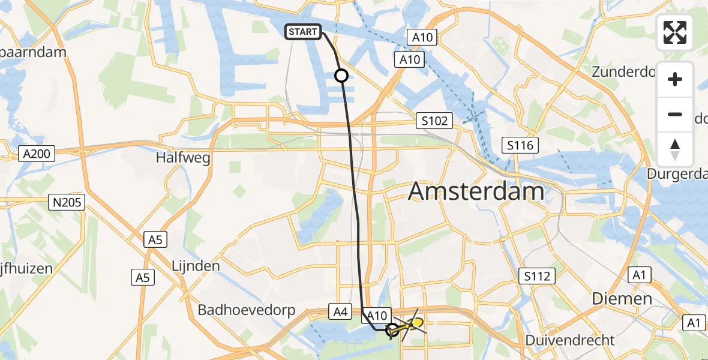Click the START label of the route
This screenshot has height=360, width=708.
pyautogui.click(x=303, y=32)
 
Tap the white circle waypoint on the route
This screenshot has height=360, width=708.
pyautogui.click(x=341, y=76)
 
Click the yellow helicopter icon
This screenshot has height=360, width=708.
pyautogui.click(x=411, y=326)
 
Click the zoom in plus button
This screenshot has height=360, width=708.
pyautogui.click(x=675, y=79)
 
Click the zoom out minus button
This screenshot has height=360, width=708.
pyautogui.click(x=675, y=114)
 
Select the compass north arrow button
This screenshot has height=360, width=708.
pyautogui.click(x=675, y=149)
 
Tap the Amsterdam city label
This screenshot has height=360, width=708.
pyautogui.click(x=476, y=192)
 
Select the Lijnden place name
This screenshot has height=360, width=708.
pyautogui.click(x=196, y=265)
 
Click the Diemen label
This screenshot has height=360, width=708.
pyautogui.click(x=622, y=298)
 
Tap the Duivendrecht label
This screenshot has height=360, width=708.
pyautogui.click(x=569, y=340)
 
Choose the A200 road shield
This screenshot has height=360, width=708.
pyautogui.click(x=36, y=154)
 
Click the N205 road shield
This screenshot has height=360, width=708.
pyautogui.click(x=67, y=202)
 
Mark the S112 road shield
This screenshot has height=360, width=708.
pyautogui.click(x=537, y=276)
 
